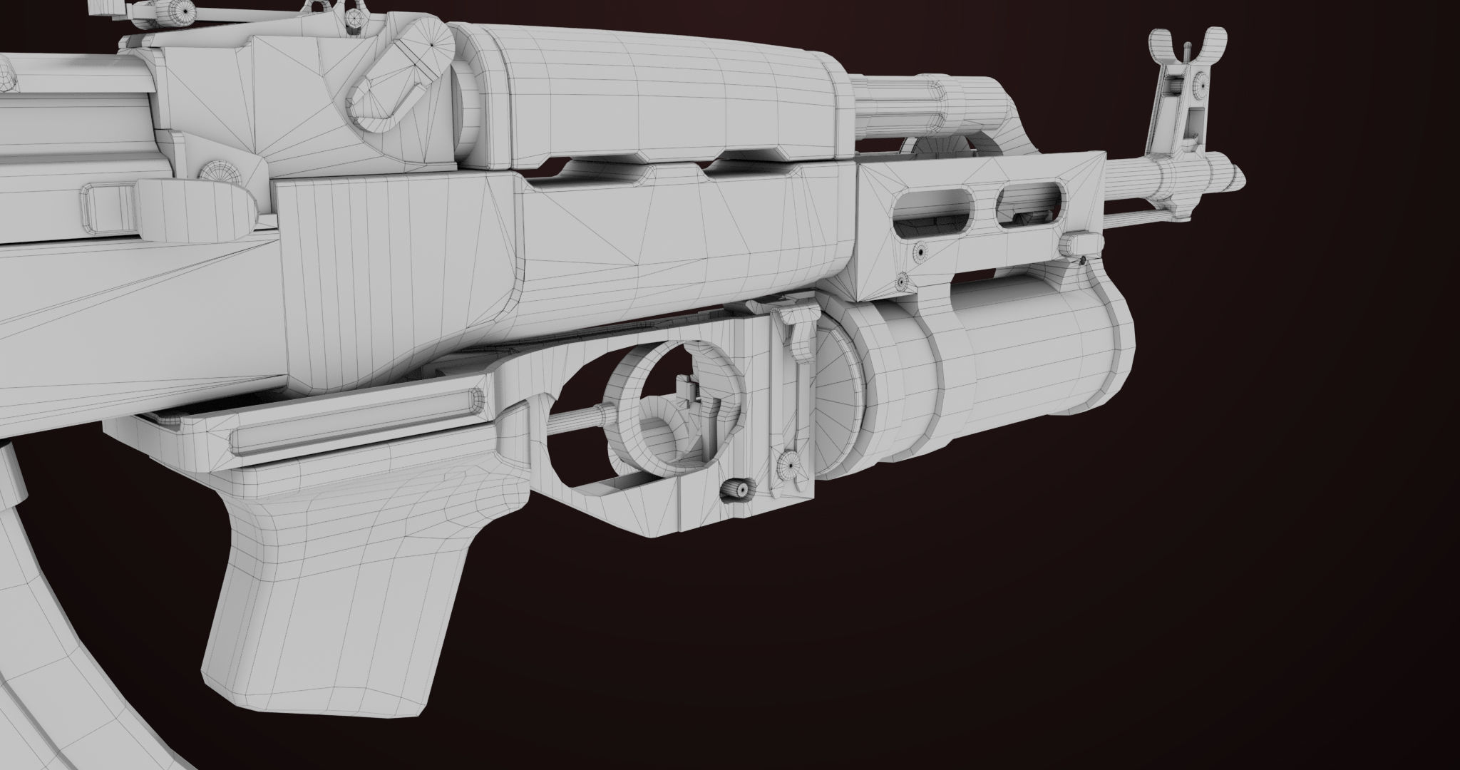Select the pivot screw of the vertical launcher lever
[788, 465]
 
